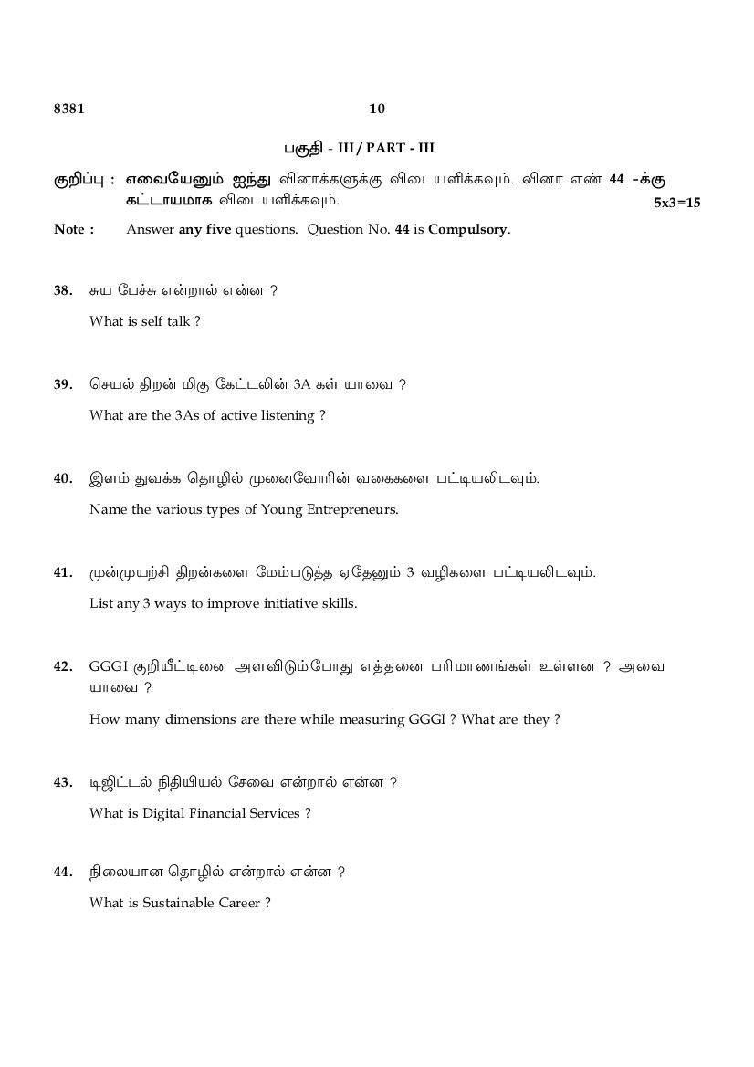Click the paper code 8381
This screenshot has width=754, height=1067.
68,109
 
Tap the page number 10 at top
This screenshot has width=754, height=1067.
377,109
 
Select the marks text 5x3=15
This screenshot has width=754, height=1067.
677,203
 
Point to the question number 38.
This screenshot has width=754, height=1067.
63,290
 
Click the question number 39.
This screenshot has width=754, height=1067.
63,384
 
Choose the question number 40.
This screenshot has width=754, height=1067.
63,478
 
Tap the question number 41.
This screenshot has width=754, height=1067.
63,572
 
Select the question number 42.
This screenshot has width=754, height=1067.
63,666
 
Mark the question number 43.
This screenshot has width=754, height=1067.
63,782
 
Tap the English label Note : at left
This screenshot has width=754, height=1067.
74,229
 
